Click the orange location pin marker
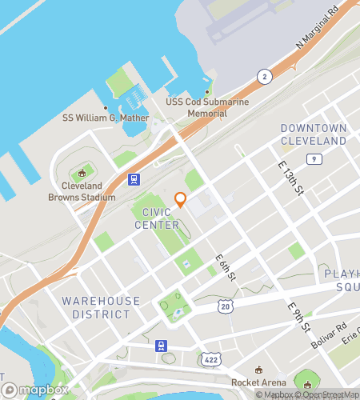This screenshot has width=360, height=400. (181, 199)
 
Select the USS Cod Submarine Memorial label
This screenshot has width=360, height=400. (207, 107)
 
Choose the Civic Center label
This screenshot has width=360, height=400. (161, 218)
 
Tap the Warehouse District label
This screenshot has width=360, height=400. (101, 307)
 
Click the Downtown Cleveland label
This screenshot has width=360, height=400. (314, 134)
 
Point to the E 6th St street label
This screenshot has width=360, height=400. (225, 267)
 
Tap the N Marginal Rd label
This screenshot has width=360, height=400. (318, 31)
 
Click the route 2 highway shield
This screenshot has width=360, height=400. (262, 76)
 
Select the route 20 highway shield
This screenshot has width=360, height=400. (226, 306)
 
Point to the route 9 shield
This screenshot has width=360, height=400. (316, 160)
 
